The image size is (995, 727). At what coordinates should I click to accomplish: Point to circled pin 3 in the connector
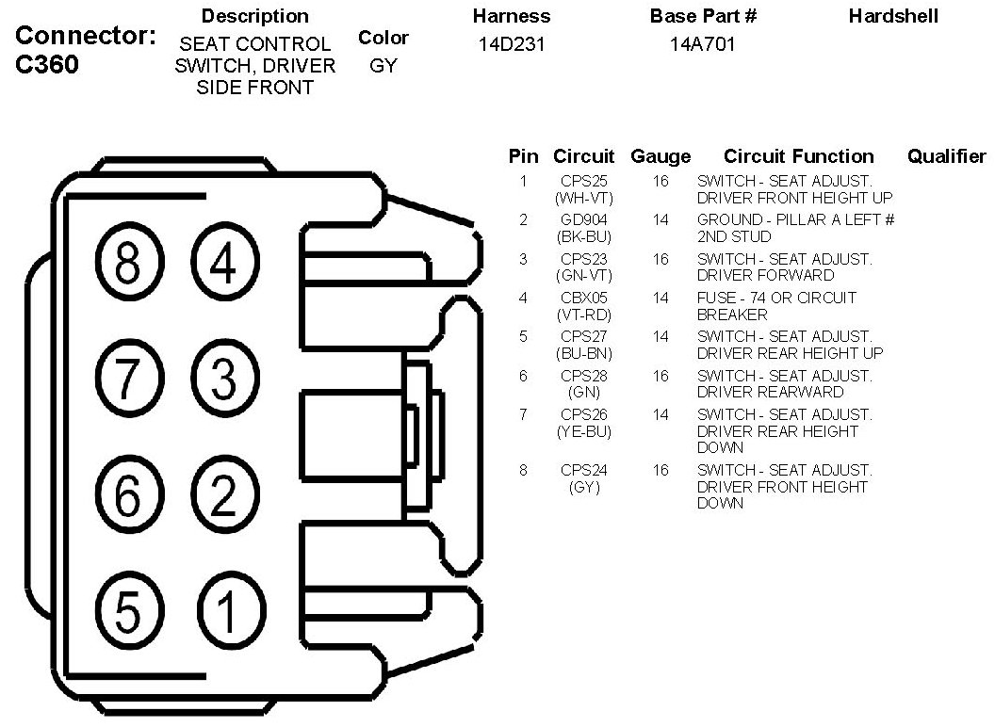coord(223,380)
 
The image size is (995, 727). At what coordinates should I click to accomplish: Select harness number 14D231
coord(512,44)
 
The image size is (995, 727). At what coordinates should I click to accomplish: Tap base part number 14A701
coord(702,44)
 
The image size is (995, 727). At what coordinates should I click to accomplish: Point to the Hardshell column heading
coord(893,16)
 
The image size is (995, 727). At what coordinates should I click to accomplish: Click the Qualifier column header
coord(946,156)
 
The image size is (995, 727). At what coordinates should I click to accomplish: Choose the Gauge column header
coord(661,156)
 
